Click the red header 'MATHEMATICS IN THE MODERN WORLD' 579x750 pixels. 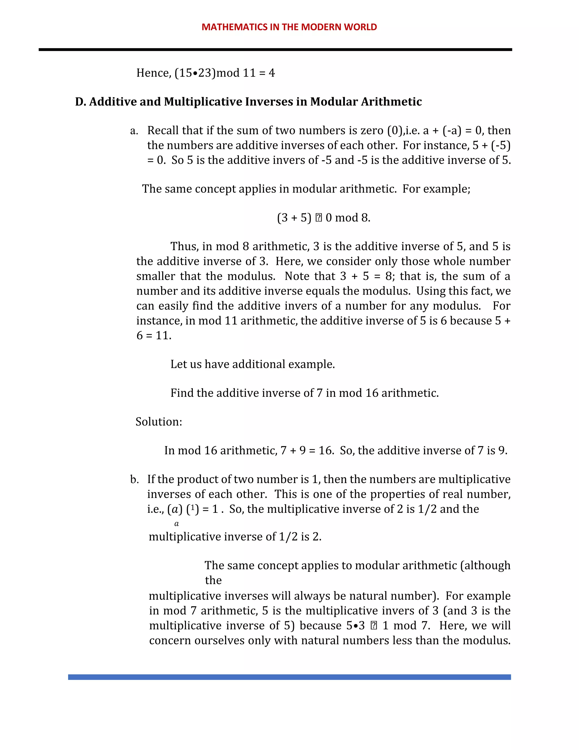pos(289,27)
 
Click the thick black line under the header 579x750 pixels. pos(275,50)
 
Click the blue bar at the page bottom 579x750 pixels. pos(289,677)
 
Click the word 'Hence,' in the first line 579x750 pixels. pos(153,73)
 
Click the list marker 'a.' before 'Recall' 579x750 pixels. pos(134,131)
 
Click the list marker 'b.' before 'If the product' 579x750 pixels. pos(134,480)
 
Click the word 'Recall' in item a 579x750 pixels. pos(163,131)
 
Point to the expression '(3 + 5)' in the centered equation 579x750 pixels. pos(294,218)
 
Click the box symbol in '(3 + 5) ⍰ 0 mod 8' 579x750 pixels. pos(318,218)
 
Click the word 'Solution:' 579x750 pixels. pos(159,422)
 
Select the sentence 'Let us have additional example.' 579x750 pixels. pos(252,364)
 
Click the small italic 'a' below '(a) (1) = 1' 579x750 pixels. pos(176,524)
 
